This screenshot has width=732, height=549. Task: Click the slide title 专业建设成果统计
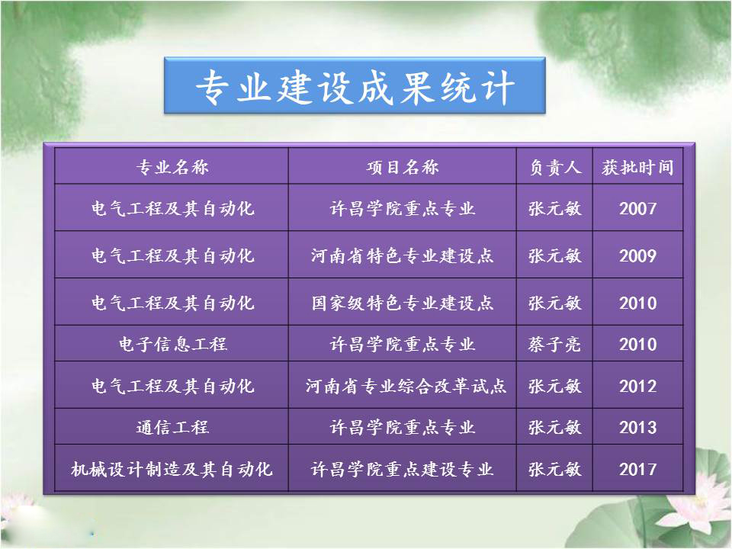click(355, 87)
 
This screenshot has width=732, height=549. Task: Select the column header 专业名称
click(172, 167)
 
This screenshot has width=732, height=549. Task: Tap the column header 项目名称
click(403, 167)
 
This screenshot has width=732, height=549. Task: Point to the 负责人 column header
click(554, 167)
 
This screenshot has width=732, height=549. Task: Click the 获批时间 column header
click(637, 167)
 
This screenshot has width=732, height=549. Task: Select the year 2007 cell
click(637, 208)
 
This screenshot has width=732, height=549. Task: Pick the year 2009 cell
click(637, 256)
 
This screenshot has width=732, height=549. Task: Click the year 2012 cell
click(637, 386)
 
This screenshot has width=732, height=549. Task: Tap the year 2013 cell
click(637, 427)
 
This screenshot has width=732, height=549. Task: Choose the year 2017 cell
click(637, 469)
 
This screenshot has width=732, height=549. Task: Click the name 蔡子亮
click(554, 345)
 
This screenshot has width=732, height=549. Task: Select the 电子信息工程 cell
click(172, 345)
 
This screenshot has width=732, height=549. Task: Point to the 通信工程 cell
click(172, 427)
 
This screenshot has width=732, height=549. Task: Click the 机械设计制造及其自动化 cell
click(172, 469)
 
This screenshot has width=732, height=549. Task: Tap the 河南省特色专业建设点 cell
click(403, 256)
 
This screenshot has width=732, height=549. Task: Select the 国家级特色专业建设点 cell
click(403, 303)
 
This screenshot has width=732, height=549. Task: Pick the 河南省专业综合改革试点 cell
click(406, 386)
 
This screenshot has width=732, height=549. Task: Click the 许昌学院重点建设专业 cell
click(403, 469)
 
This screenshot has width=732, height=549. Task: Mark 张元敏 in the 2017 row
click(554, 469)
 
